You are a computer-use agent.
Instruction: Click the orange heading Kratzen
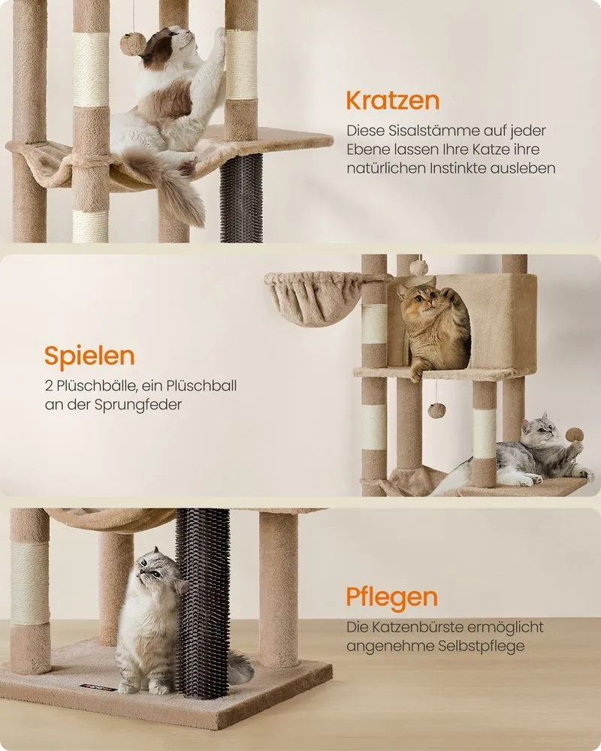click(x=392, y=101)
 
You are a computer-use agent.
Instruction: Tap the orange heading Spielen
click(x=89, y=356)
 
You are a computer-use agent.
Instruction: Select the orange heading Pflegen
click(x=392, y=598)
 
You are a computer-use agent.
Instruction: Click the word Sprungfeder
click(x=138, y=405)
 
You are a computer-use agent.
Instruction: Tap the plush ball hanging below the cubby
click(x=436, y=410)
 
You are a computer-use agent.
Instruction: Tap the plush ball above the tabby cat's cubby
click(x=418, y=266)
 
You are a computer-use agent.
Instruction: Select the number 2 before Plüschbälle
click(x=48, y=385)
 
